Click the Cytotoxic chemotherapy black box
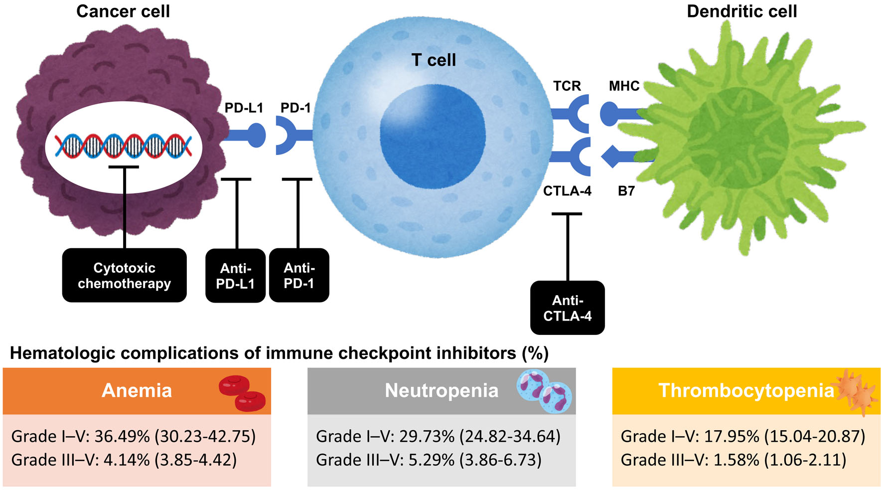(124, 275)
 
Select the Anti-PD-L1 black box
(235, 275)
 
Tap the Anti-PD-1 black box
(299, 275)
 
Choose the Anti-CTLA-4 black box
(568, 308)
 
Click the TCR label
(567, 86)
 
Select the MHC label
(624, 86)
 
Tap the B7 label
(626, 191)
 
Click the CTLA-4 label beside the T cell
(567, 191)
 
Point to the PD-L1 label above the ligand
(244, 108)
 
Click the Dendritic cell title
(742, 11)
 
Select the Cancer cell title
(123, 11)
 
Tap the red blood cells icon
(242, 393)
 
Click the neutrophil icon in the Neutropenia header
(544, 391)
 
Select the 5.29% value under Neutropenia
(432, 460)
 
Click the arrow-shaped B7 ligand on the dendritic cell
(625, 157)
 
